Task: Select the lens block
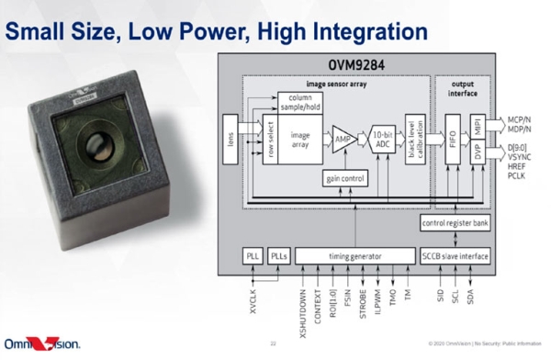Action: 231,141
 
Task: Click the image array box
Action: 300,141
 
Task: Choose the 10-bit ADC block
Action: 384,141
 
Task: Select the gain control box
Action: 346,179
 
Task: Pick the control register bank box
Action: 454,224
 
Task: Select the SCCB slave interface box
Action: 454,256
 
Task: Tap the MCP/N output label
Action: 521,119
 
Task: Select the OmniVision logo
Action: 42,343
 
